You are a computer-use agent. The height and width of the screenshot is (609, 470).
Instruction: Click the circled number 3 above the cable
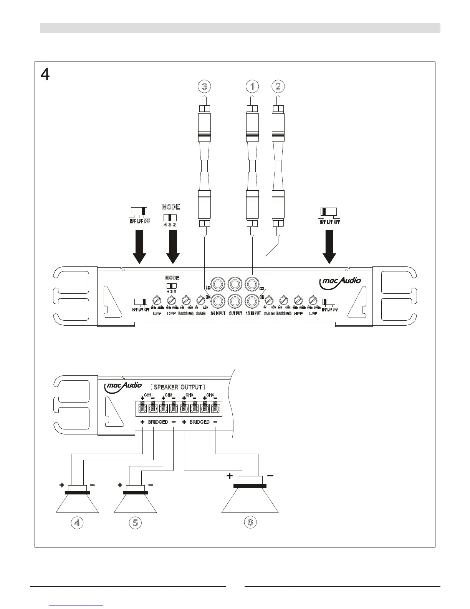[x=204, y=87]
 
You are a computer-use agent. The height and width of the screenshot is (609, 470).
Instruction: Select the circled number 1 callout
[x=252, y=87]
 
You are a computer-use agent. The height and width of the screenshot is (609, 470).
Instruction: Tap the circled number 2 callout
[x=278, y=87]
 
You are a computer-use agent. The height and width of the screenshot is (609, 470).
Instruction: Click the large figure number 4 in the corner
[x=45, y=74]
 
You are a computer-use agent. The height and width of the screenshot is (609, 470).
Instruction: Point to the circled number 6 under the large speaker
[x=250, y=522]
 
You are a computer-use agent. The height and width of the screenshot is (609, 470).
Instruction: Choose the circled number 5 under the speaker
[x=135, y=522]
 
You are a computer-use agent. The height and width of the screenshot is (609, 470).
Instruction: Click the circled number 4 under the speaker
[x=77, y=522]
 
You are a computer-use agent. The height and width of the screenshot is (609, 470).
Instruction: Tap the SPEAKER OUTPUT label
[x=178, y=387]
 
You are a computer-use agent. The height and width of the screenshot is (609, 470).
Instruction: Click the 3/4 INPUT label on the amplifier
[x=218, y=314]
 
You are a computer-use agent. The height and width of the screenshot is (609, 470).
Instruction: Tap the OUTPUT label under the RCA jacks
[x=235, y=314]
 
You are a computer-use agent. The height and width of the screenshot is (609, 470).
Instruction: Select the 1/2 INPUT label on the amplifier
[x=253, y=314]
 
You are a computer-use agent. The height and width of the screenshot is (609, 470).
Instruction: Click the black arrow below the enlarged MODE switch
[x=173, y=246]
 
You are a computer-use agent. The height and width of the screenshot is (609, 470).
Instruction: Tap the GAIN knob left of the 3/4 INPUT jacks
[x=200, y=300]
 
